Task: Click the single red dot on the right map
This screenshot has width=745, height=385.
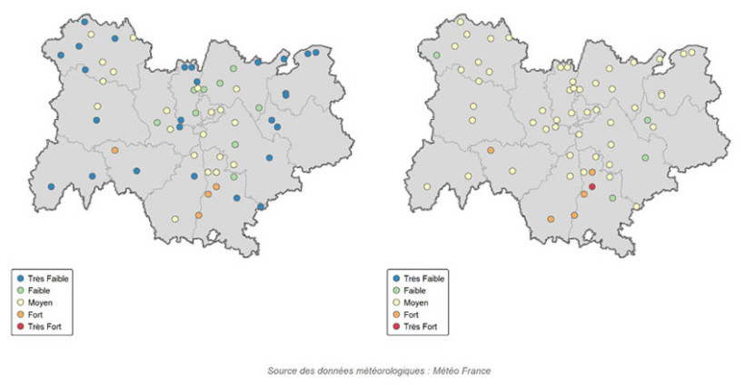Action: (x=592, y=186)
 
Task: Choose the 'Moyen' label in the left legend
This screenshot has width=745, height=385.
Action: (x=41, y=301)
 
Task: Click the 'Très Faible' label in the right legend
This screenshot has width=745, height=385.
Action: (x=424, y=278)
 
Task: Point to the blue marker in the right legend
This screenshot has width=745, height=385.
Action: (x=396, y=278)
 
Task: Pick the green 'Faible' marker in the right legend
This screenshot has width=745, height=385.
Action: (x=396, y=290)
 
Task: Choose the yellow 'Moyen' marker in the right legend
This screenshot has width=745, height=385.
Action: (x=396, y=301)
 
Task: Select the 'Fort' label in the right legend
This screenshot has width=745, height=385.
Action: (x=412, y=313)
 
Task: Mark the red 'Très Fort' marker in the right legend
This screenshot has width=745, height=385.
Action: (x=396, y=325)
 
